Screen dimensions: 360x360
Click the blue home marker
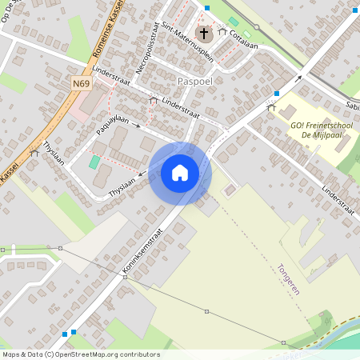click(180, 172)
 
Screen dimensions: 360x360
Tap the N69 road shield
click(80, 83)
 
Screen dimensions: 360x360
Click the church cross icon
click(205, 34)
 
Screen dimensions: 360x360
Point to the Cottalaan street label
click(242, 35)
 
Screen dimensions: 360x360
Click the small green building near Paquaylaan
click(95, 162)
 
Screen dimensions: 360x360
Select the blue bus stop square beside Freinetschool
click(276, 94)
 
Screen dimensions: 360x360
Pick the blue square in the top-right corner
click(354, 11)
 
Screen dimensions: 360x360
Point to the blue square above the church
click(206, 8)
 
